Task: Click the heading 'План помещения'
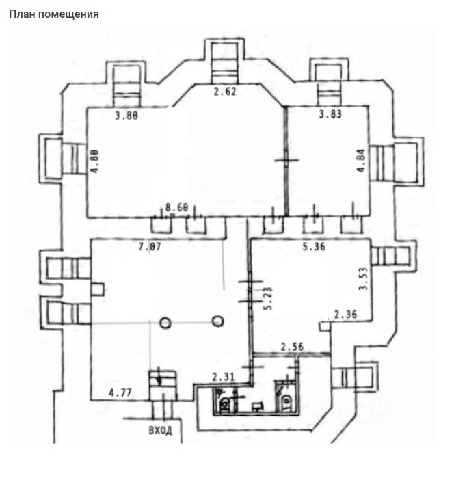(x=53, y=14)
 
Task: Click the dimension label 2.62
(x=224, y=93)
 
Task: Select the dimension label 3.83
(x=330, y=115)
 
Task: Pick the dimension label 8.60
(x=176, y=207)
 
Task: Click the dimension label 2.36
(x=346, y=315)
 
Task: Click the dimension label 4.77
(x=122, y=393)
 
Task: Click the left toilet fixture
(x=224, y=403)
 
